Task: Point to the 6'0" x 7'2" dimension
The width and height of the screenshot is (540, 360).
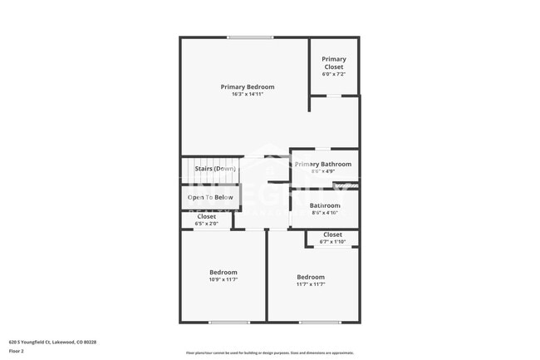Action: click(334, 75)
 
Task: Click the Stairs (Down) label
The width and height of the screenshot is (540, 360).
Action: click(215, 169)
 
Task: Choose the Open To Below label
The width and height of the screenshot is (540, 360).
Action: click(210, 197)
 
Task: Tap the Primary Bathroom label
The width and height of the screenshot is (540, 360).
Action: click(322, 164)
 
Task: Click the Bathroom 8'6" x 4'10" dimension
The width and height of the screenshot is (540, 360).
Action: click(325, 213)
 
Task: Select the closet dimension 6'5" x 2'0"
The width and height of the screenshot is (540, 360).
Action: click(207, 224)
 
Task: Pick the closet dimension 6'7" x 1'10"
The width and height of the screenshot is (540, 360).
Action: click(332, 242)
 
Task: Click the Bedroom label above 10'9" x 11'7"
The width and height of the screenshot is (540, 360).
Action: click(223, 272)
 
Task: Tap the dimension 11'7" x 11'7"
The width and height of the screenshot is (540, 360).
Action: click(311, 284)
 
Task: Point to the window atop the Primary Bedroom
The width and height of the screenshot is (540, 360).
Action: click(251, 37)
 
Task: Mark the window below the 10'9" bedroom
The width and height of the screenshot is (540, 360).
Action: click(228, 323)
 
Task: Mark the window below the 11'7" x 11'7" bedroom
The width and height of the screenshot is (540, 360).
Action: click(320, 323)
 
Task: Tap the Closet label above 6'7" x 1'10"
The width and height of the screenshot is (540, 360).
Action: click(332, 234)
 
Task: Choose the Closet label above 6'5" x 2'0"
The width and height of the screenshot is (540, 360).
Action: click(207, 216)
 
